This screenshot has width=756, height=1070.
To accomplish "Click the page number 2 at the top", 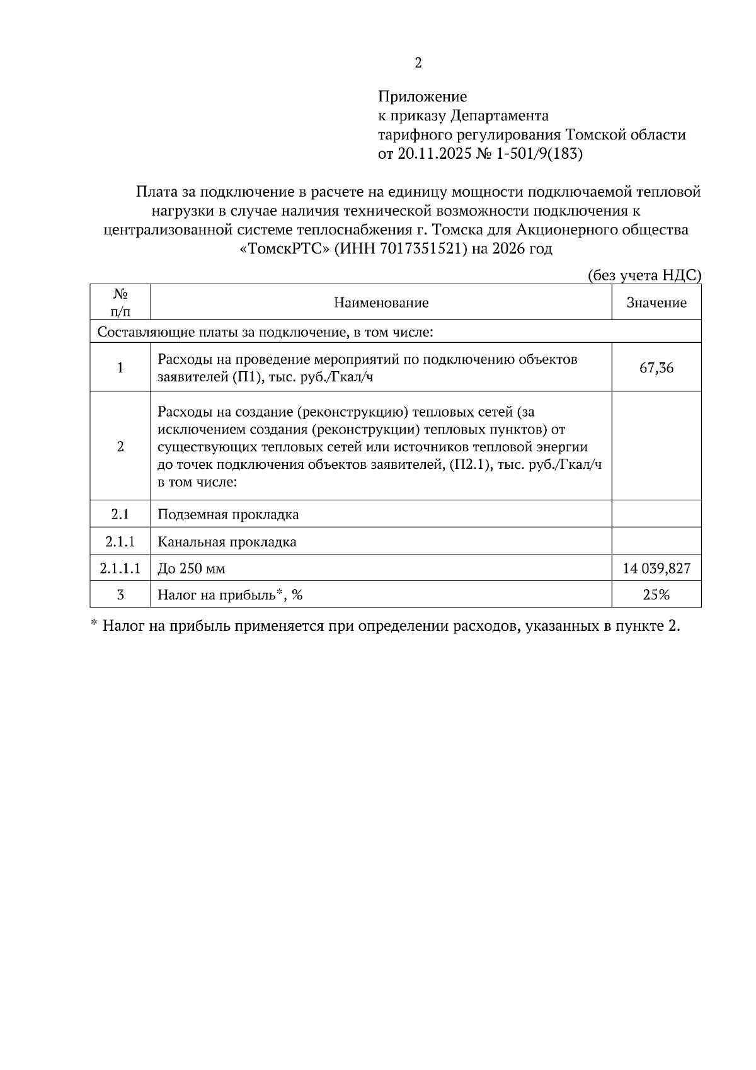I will [x=418, y=63].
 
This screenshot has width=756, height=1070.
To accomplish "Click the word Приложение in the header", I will [x=422, y=97].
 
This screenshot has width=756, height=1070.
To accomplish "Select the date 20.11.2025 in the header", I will [x=434, y=154].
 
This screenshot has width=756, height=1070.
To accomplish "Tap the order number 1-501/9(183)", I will [x=540, y=154].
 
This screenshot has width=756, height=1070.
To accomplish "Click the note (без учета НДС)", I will [x=643, y=275].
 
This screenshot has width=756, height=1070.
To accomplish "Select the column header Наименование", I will [x=381, y=302].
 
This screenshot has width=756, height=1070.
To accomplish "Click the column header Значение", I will [x=656, y=302].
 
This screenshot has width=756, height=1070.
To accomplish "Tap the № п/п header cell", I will [x=120, y=302].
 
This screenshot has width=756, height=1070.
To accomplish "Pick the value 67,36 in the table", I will [x=656, y=368].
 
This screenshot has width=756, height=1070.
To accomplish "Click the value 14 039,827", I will [x=656, y=569].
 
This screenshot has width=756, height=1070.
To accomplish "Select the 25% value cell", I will [x=656, y=595].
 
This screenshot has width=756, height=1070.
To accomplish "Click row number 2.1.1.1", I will [x=120, y=569].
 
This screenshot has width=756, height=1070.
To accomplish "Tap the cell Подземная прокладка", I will [x=228, y=515].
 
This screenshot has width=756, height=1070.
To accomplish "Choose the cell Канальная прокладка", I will [x=227, y=542].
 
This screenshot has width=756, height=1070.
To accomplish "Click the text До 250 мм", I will [x=192, y=569].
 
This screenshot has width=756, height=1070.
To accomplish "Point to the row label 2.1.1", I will [x=120, y=542].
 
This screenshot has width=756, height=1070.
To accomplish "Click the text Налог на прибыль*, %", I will [x=231, y=595].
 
